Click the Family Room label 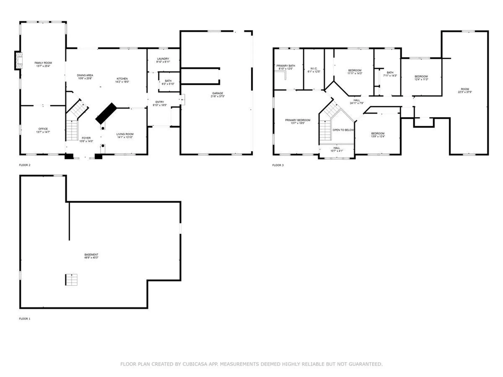tap(43, 63)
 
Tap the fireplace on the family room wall tap(18, 60)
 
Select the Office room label tap(43, 129)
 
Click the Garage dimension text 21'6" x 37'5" tap(217, 96)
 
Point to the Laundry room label tap(163, 59)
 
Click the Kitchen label tap(122, 79)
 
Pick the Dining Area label tap(85, 75)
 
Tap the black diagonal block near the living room tap(106, 113)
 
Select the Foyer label tap(86, 138)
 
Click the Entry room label tap(160, 102)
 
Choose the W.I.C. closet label tap(314, 68)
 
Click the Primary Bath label tap(286, 66)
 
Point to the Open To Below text tap(343, 130)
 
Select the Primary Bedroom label tap(298, 120)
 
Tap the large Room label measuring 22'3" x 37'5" tap(465, 89)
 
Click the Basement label tap(91, 254)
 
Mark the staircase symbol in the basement tap(71, 280)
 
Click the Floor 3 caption tap(278, 165)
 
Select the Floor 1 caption tap(25, 319)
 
